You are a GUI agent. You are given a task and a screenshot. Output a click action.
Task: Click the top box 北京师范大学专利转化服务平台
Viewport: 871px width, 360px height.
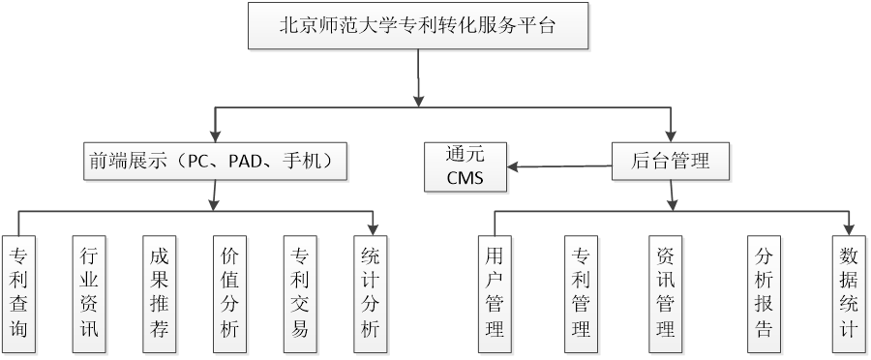click(418, 26)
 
